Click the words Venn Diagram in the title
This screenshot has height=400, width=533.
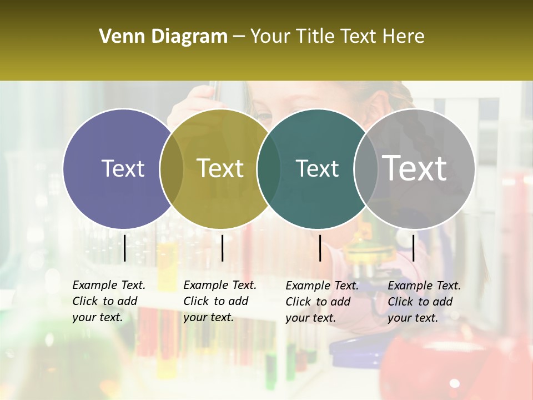coord(163,36)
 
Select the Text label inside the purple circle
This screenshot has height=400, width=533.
coord(123,168)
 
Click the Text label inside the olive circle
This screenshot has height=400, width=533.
coord(220,168)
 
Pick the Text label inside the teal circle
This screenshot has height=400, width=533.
coord(317,168)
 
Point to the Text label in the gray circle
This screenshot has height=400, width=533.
coord(415,168)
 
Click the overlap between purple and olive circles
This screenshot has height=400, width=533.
coord(172,168)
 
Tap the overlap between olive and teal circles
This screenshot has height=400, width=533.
coord(269,168)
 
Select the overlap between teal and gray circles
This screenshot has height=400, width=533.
coord(366,168)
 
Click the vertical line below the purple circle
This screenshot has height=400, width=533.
coord(124,248)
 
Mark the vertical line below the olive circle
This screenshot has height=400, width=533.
coord(222,248)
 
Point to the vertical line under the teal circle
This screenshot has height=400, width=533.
coord(320,248)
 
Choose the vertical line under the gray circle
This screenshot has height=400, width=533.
coord(413,248)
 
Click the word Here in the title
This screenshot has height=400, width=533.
coord(404,36)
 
